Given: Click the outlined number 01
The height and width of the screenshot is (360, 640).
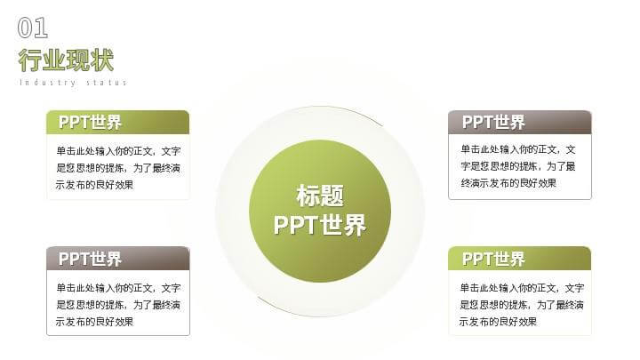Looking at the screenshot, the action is [33, 28].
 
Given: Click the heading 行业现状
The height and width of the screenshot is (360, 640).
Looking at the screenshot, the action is [66, 60].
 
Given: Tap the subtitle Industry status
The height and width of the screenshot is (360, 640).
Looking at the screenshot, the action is [73, 83].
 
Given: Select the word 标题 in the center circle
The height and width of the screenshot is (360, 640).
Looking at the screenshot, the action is [320, 196].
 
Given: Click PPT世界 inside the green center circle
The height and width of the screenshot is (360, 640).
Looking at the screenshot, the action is [320, 225].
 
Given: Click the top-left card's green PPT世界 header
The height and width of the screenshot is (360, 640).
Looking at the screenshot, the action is [118, 122].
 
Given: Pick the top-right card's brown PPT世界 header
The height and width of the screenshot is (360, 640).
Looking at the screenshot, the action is [520, 122].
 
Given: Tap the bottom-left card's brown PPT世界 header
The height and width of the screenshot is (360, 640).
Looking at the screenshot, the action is [118, 259].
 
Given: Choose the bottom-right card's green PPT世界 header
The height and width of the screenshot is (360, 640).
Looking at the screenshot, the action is [520, 259].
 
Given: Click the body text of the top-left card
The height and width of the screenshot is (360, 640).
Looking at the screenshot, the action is [118, 168].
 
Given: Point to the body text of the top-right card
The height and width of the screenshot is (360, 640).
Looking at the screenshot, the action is [518, 166].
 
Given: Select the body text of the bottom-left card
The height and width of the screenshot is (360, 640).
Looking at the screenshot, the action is [118, 305].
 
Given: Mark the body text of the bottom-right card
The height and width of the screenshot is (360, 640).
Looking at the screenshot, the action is [522, 305].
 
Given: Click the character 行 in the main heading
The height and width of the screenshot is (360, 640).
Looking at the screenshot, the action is [30, 60].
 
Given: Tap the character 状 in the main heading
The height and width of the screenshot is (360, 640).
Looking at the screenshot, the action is [102, 60].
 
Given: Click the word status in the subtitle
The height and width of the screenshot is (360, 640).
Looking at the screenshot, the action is [107, 83].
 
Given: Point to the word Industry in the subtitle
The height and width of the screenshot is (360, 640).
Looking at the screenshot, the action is [47, 83].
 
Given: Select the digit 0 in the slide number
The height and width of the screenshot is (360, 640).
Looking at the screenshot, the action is [25, 28].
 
